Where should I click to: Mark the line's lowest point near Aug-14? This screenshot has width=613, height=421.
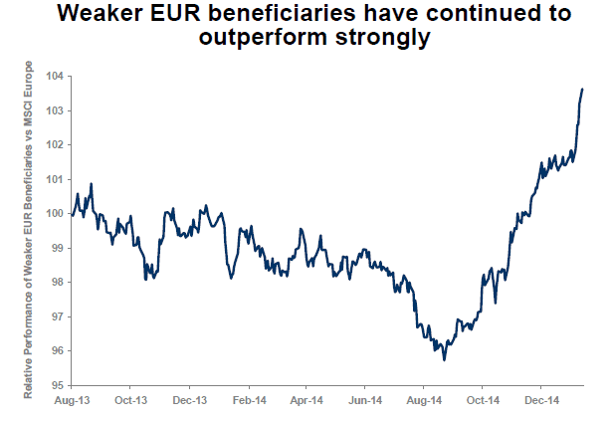(x=444, y=358)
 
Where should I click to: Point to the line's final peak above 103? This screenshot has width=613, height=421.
(x=582, y=90)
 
